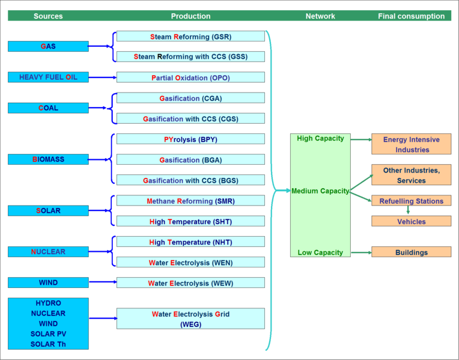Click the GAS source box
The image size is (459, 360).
click(x=48, y=46)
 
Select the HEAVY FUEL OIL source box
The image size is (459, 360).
click(x=48, y=77)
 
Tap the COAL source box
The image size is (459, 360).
click(x=48, y=108)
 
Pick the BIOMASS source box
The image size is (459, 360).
click(x=48, y=159)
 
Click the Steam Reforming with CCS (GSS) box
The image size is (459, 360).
click(x=190, y=56)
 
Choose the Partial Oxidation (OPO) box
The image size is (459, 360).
click(x=190, y=78)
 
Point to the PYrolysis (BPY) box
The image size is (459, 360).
click(x=190, y=139)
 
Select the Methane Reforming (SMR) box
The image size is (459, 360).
click(x=190, y=201)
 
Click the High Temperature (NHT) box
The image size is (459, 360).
click(x=190, y=242)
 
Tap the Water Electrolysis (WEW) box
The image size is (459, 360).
click(x=190, y=282)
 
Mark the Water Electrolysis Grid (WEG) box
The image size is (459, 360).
click(x=190, y=319)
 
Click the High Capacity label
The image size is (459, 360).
click(x=320, y=138)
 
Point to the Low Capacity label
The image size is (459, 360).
click(x=320, y=252)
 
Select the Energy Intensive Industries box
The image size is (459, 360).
click(x=411, y=144)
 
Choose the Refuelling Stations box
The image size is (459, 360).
click(x=411, y=201)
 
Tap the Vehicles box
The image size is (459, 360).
click(x=411, y=221)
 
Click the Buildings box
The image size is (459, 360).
click(x=411, y=252)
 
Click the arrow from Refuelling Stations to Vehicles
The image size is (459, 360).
click(x=408, y=211)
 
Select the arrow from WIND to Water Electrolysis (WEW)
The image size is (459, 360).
click(x=102, y=282)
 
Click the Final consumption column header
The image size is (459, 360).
click(x=411, y=16)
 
